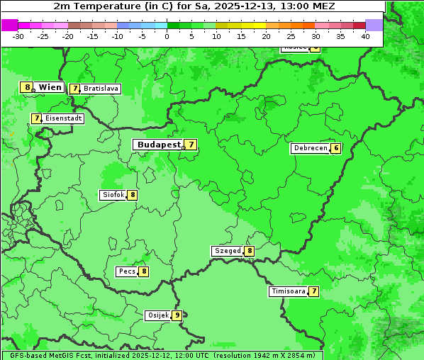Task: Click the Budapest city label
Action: [159, 145]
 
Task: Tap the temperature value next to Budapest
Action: [191, 145]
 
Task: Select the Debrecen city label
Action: [310, 149]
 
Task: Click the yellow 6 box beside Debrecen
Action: [336, 149]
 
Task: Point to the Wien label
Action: [50, 87]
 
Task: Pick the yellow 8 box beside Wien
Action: [28, 87]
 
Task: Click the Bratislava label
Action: [101, 89]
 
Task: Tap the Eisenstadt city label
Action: [63, 118]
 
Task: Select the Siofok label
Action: [113, 195]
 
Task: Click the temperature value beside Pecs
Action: [144, 271]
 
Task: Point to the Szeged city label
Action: [228, 251]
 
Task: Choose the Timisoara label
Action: [289, 291]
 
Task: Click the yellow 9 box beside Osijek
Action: [177, 315]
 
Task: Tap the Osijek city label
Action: [157, 315]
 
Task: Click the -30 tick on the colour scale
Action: [18, 36]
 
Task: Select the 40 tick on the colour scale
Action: [365, 36]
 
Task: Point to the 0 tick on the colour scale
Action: [167, 36]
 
